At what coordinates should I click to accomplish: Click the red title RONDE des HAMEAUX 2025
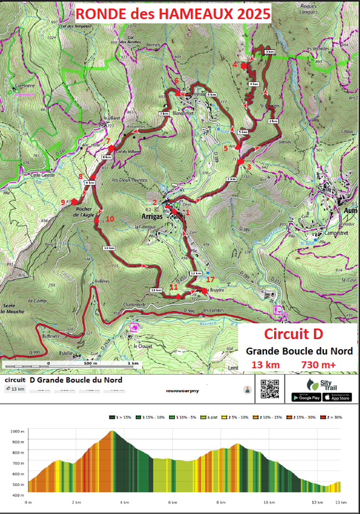pos(173,13)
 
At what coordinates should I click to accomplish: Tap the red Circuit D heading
pos(293,334)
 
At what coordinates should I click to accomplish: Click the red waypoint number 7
pos(108,142)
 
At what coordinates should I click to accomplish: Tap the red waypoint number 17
pos(210,280)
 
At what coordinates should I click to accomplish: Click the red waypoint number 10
pos(110,219)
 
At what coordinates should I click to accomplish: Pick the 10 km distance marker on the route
pos(109,248)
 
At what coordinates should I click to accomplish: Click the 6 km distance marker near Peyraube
pos(211,94)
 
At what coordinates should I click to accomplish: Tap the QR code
pos(270,388)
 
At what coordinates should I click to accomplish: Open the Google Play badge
pos(306,397)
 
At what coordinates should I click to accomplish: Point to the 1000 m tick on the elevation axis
pos(18,431)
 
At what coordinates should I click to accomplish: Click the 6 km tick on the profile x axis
pos(172,502)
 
